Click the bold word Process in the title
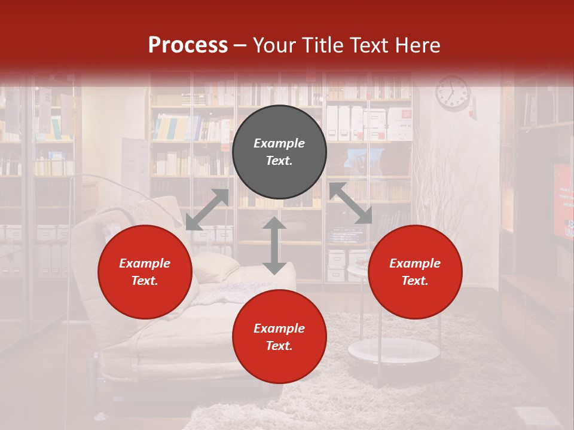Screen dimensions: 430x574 [188, 45]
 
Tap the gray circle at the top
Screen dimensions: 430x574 [279, 152]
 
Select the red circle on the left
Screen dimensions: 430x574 [145, 272]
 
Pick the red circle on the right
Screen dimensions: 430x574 [415, 272]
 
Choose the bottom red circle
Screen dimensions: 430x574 [279, 337]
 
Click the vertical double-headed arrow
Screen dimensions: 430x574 [274, 245]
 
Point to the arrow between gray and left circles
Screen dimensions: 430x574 [207, 210]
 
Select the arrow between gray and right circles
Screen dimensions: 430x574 [350, 204]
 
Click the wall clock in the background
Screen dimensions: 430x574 [453, 93]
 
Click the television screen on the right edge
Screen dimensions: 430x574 [564, 200]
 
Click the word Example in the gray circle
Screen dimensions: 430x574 [279, 143]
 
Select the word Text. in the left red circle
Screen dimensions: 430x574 [145, 281]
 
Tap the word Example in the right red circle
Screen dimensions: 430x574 [415, 263]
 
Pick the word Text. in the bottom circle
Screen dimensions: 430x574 [279, 346]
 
